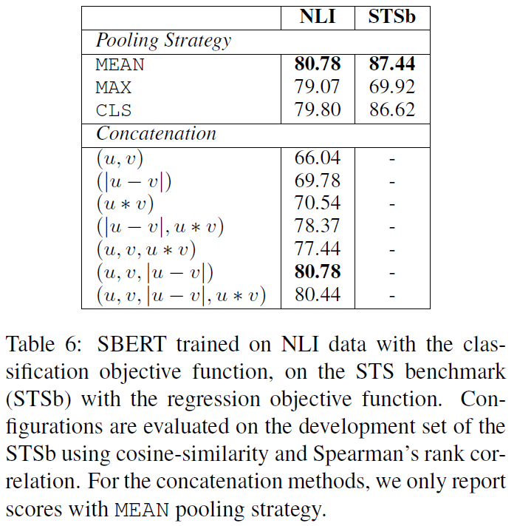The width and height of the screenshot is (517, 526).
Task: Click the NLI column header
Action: coord(318,17)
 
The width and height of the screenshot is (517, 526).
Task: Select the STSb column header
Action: coord(391,17)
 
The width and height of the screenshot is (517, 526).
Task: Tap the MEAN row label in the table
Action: coord(120,65)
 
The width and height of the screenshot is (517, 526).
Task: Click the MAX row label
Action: coord(113,88)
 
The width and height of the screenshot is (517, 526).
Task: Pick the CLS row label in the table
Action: coord(113,111)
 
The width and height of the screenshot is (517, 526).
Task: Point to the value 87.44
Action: coord(391,65)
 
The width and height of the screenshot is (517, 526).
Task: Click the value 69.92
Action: coord(391,88)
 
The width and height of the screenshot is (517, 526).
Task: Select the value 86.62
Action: coord(391,111)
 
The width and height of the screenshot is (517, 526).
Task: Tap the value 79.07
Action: coord(318,88)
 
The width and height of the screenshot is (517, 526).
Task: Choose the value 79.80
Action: coord(318,111)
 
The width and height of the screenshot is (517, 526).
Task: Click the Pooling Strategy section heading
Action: coord(163,41)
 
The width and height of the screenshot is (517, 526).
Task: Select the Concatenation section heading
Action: coord(156,134)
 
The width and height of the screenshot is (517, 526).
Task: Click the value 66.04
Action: coord(318,158)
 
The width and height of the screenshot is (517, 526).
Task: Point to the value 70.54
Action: coord(318,203)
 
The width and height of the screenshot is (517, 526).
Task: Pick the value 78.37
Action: coord(318,226)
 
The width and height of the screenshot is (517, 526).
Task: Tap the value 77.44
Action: coord(318,249)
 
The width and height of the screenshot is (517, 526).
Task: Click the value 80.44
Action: coord(318,296)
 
